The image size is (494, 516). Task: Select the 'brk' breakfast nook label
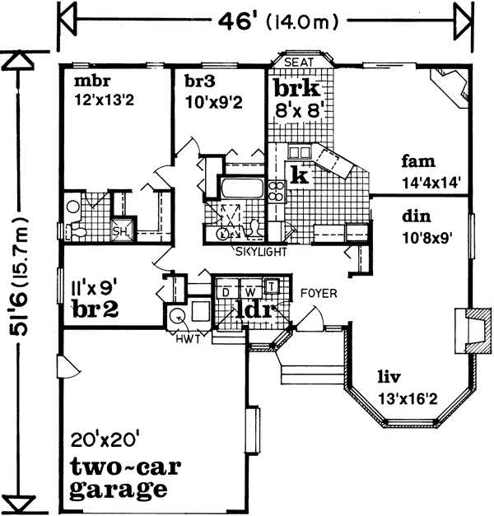pyautogui.click(x=296, y=88)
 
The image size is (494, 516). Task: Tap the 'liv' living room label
pyautogui.click(x=389, y=379)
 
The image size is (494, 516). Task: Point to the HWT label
pyautogui.click(x=189, y=337)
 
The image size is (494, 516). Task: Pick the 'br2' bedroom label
pyautogui.click(x=96, y=309)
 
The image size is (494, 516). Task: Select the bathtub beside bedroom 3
pyautogui.click(x=240, y=189)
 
